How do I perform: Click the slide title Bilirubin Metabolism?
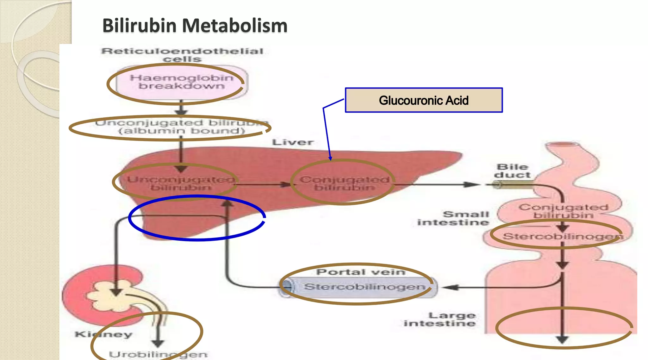[x=195, y=25]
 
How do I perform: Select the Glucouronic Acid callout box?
[x=423, y=100]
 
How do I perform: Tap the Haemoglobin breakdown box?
[x=181, y=82]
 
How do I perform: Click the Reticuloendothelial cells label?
[x=182, y=55]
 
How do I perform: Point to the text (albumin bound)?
[x=182, y=131]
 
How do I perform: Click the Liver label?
[x=293, y=142]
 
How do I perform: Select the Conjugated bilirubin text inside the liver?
[x=344, y=183]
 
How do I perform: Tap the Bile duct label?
[x=512, y=171]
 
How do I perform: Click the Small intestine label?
[x=453, y=218]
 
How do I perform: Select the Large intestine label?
[x=440, y=320]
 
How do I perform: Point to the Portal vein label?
[x=361, y=272]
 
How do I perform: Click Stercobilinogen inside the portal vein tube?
[x=364, y=287]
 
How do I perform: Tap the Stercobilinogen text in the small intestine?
[x=562, y=236]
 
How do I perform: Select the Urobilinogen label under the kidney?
[x=158, y=354]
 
